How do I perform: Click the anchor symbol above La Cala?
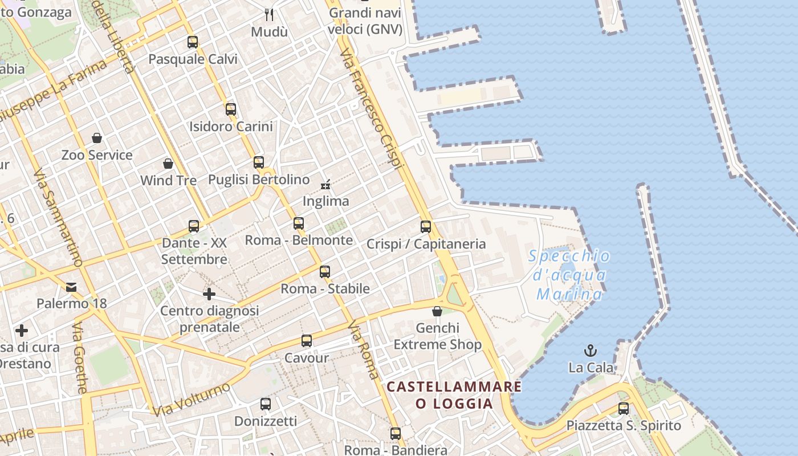(591, 351)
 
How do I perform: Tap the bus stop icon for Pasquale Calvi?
(193, 42)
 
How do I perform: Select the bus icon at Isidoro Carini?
(231, 109)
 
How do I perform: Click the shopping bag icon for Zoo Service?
(97, 138)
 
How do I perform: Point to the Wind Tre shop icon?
(168, 164)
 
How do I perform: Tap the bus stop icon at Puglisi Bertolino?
(259, 162)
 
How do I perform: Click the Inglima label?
(325, 201)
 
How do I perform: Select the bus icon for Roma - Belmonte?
(299, 223)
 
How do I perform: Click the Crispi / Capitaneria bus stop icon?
(426, 226)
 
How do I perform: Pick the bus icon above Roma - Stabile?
(325, 271)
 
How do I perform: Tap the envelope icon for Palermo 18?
(71, 287)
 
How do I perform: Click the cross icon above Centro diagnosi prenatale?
(209, 294)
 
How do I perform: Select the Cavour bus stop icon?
(307, 341)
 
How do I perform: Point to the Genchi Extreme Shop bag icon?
(437, 311)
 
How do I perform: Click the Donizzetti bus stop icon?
(266, 404)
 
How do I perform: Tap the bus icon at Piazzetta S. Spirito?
(624, 408)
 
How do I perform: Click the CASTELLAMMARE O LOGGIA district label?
(454, 395)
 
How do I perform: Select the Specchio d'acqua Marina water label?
(569, 275)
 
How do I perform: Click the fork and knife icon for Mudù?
(270, 14)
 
